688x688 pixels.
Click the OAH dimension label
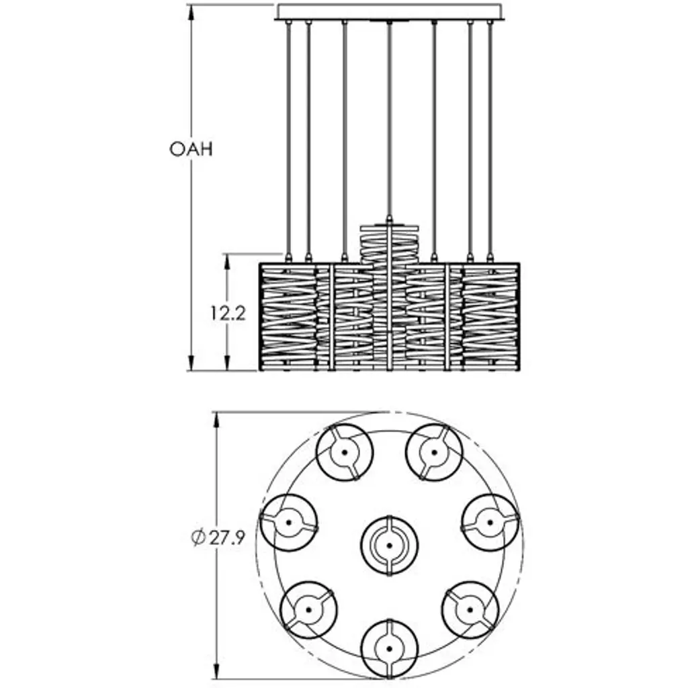pos(191,148)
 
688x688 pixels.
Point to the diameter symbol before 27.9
pos(198,538)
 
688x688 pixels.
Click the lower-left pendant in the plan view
pos(308,609)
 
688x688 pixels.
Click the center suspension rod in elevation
pos(389,121)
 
